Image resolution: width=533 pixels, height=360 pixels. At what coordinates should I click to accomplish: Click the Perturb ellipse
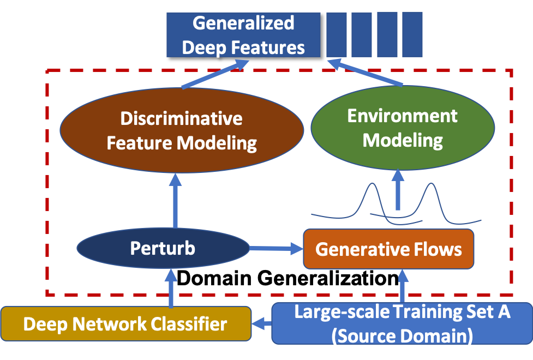tap(163, 249)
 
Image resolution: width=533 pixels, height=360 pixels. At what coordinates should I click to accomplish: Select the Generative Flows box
tap(388, 249)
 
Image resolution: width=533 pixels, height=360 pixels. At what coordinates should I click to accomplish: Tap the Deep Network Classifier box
tap(125, 325)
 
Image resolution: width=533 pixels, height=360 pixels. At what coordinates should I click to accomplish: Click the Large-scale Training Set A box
tap(402, 323)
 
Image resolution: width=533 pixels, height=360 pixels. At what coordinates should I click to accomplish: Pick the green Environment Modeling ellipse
tap(403, 129)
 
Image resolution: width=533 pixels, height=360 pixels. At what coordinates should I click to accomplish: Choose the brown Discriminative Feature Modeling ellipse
tap(181, 130)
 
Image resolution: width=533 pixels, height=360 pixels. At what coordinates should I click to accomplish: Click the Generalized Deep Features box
tap(243, 35)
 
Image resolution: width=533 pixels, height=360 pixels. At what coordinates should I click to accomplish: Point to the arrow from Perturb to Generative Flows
tap(276, 249)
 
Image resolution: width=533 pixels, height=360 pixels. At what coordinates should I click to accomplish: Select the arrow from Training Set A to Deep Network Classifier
tap(262, 324)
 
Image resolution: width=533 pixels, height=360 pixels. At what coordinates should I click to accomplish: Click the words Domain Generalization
tap(288, 278)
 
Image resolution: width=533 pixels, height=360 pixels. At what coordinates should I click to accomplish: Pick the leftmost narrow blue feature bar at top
tap(336, 34)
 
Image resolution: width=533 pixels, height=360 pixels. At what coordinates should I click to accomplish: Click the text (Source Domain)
tap(402, 334)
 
